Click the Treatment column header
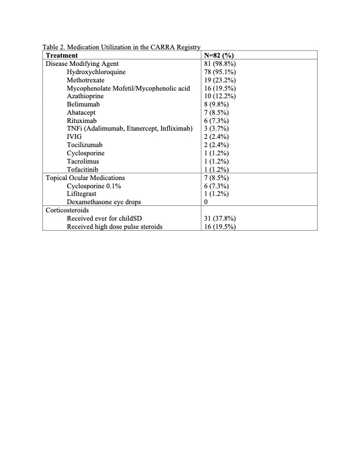pyautogui.click(x=63, y=55)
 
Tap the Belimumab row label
pyautogui.click(x=84, y=104)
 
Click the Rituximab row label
pyautogui.click(x=83, y=120)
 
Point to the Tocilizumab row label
pyautogui.click(x=85, y=145)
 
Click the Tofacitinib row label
pyautogui.click(x=85, y=169)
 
